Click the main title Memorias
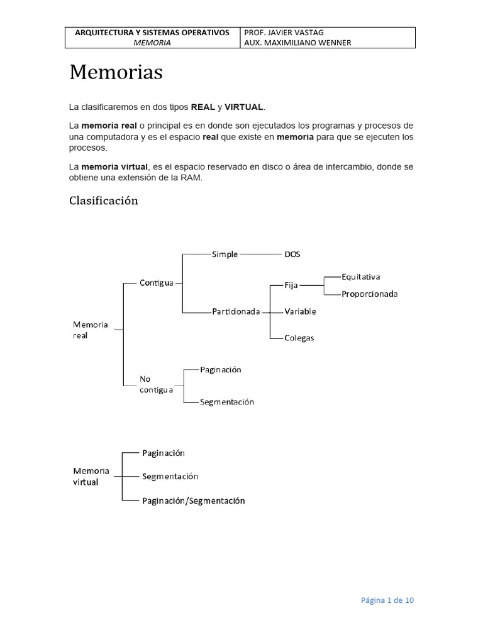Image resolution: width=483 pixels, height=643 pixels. [x=116, y=73]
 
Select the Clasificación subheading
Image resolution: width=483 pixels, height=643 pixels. [x=103, y=201]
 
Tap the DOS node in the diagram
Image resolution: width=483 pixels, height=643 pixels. [x=292, y=254]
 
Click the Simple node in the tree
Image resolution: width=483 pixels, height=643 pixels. [x=225, y=254]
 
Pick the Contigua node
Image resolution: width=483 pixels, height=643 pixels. [x=157, y=283]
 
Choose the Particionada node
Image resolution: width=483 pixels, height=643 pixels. [x=236, y=311]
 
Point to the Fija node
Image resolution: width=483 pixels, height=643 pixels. [x=291, y=284]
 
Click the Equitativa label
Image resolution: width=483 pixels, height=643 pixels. [x=361, y=276]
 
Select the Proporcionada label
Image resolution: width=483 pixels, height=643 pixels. [x=370, y=294]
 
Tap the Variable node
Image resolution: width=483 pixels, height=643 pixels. [x=300, y=311]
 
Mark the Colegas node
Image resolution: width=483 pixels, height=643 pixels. [x=299, y=338]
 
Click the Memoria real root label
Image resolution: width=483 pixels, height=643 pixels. [x=91, y=330]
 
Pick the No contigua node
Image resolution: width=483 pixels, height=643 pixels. [x=156, y=384]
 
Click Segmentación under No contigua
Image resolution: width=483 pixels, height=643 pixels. [x=227, y=402]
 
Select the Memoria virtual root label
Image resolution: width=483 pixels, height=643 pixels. [x=91, y=476]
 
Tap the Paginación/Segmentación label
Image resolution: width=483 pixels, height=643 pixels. [x=192, y=501]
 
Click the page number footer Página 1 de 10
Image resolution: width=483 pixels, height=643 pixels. [x=387, y=600]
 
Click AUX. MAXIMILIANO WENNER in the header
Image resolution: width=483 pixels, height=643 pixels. [x=297, y=43]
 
